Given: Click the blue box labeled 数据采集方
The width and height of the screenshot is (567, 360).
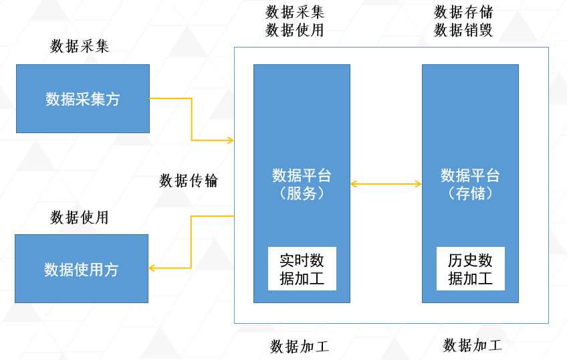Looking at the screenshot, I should (x=83, y=98).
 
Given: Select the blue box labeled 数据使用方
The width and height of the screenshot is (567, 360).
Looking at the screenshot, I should (x=82, y=268).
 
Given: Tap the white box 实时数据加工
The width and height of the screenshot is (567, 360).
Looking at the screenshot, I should (x=302, y=268).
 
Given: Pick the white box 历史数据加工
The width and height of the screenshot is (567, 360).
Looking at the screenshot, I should (x=470, y=268).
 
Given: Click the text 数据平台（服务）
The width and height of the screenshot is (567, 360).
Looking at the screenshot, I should (x=302, y=184).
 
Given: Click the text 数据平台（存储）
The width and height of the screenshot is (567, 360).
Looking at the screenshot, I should (x=470, y=184).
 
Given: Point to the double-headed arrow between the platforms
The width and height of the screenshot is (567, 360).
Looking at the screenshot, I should (x=386, y=183).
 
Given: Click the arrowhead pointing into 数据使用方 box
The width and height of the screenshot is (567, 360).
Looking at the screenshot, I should (x=152, y=268).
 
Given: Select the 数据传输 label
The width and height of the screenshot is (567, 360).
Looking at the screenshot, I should (x=189, y=181).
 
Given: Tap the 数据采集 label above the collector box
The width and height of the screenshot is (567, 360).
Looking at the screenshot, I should (x=80, y=46).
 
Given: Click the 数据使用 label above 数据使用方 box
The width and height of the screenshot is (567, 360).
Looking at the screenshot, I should (x=80, y=217).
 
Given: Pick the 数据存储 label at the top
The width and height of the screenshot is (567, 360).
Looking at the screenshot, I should (x=463, y=12).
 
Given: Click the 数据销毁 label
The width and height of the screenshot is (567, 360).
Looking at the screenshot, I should (x=463, y=30).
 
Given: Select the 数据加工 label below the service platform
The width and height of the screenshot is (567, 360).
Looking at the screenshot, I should (x=300, y=347).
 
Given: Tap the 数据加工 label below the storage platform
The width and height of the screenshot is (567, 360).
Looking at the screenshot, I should (x=472, y=345).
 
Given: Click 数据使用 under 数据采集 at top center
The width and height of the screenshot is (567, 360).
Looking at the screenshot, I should (x=295, y=30).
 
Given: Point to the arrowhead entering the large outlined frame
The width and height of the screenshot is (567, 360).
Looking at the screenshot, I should (x=230, y=140).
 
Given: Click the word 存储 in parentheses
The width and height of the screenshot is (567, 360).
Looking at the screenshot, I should (x=470, y=193).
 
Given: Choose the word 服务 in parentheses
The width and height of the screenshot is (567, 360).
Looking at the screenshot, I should (x=302, y=193).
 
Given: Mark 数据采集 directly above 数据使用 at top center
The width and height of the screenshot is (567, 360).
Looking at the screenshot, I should (x=295, y=12).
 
